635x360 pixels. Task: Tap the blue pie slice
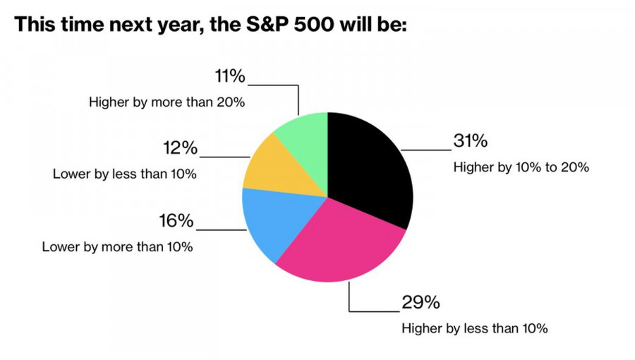272,222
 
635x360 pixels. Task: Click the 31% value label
470,141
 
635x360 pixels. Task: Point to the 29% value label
421,303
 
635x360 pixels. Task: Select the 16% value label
176,221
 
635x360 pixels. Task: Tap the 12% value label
180,148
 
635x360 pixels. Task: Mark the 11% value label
229,76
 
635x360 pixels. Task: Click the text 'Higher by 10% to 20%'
521,168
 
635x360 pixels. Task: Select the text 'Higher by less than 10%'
474,328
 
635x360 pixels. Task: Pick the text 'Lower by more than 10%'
117,247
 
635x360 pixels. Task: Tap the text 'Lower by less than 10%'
124,174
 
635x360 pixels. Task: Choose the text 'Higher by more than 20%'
167,102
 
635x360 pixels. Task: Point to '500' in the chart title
310,25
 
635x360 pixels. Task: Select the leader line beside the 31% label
427,150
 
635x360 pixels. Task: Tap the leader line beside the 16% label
220,229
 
